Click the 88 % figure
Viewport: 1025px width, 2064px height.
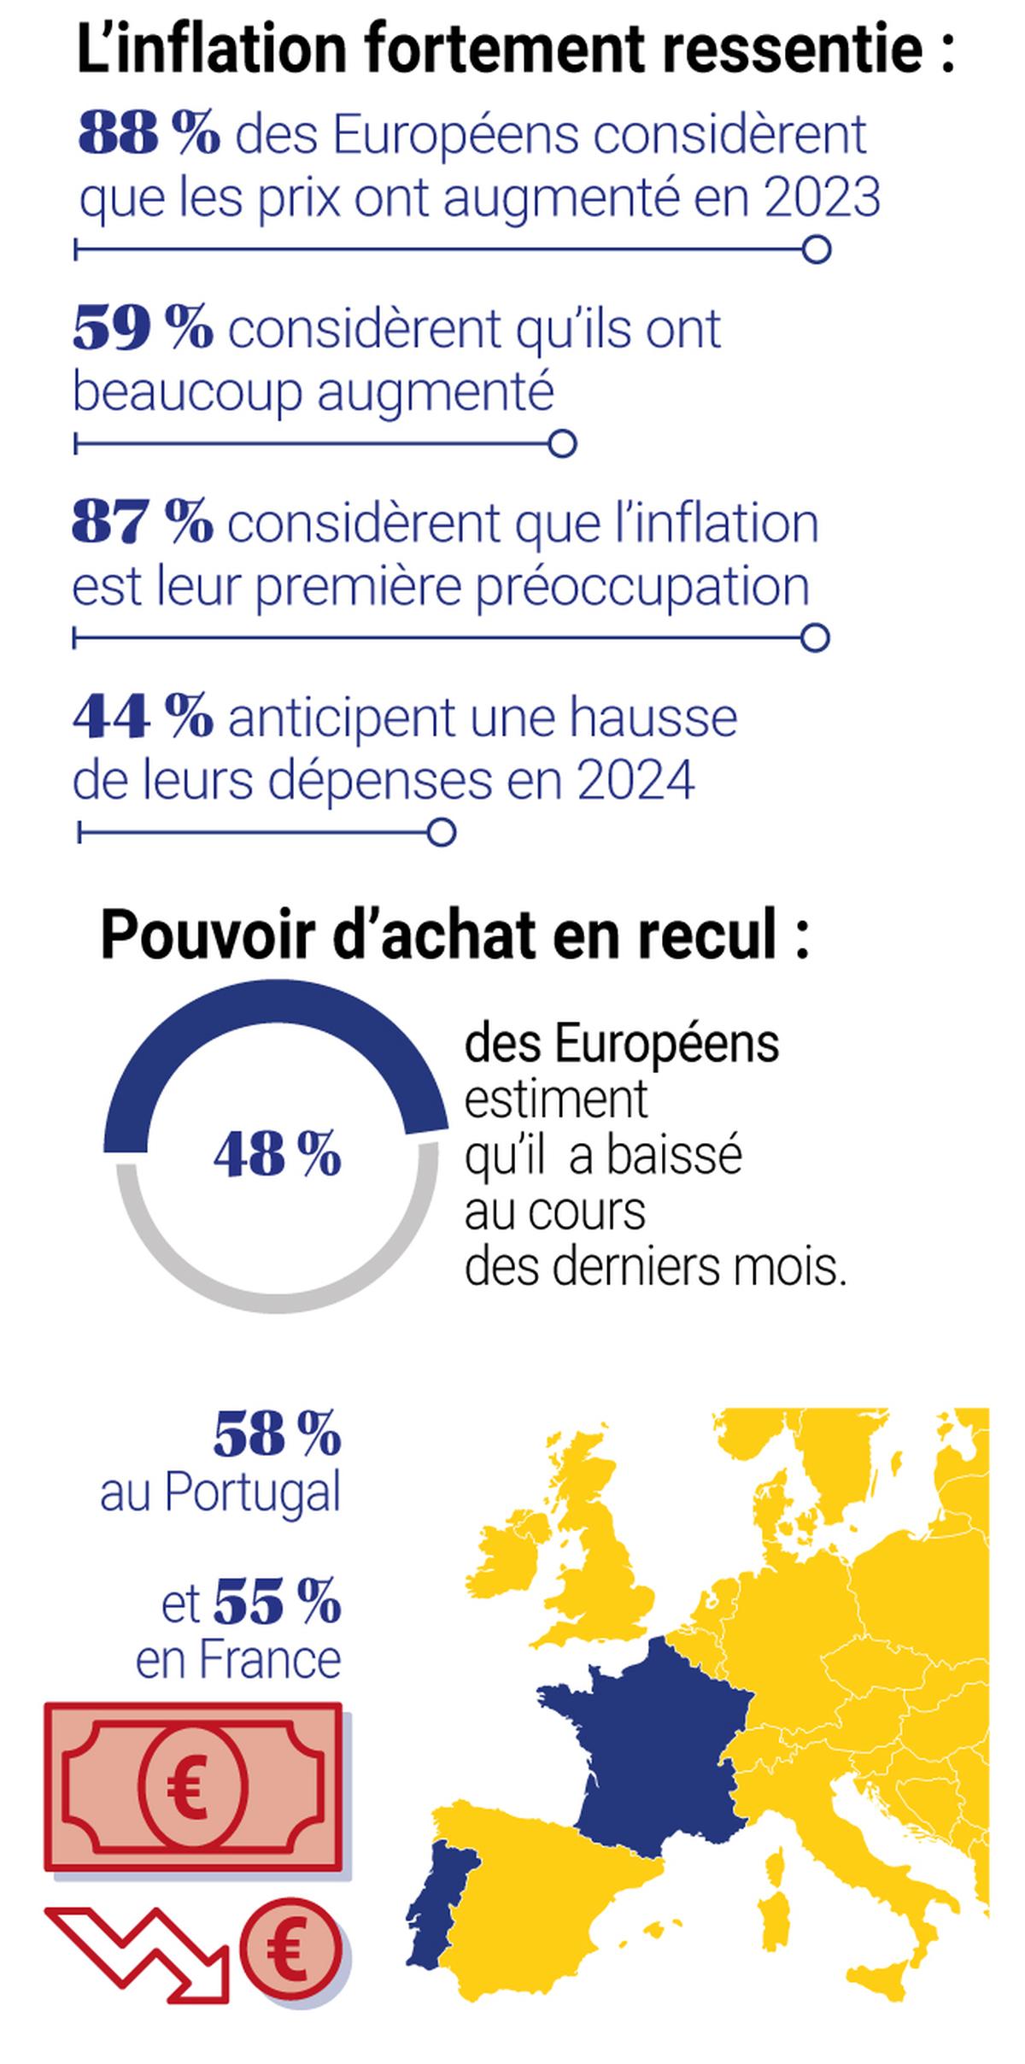[x=149, y=135]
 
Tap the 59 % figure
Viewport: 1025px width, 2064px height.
[x=143, y=329]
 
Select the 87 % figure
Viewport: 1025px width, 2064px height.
[x=143, y=523]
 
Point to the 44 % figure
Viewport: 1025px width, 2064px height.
[x=143, y=717]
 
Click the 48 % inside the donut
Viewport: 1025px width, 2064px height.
[x=278, y=1155]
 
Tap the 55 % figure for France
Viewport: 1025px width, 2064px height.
[x=277, y=1603]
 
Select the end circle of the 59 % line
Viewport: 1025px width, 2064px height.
[x=562, y=444]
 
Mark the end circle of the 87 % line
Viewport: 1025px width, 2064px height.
[x=816, y=638]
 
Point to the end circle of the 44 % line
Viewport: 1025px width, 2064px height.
[x=441, y=833]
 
